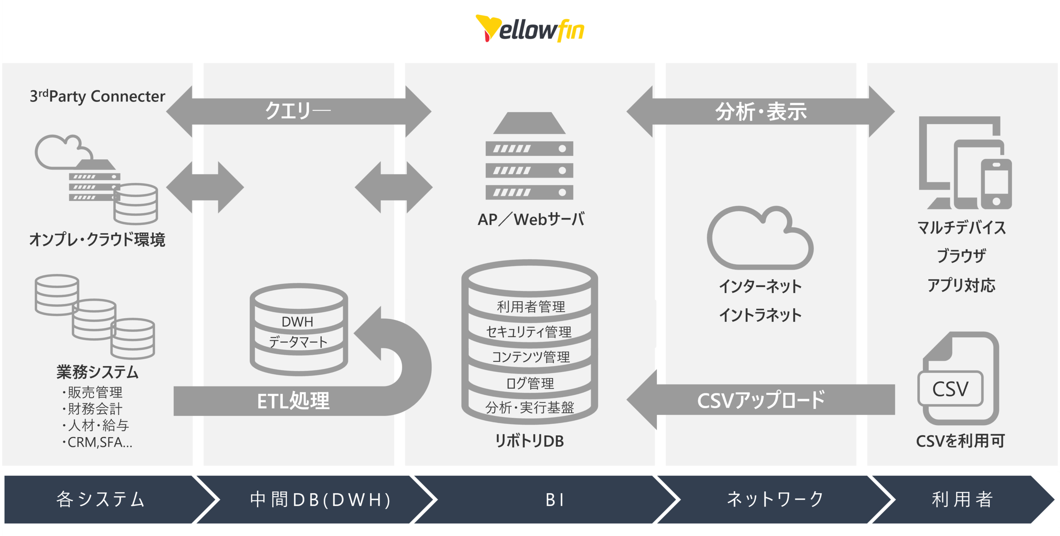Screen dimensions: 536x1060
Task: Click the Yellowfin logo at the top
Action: (x=530, y=29)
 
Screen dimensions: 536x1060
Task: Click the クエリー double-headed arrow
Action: (x=298, y=111)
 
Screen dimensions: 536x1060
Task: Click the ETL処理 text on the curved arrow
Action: (x=293, y=401)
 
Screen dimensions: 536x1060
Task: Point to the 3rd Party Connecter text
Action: (x=97, y=96)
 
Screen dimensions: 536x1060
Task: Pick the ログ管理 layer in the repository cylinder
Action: (x=530, y=383)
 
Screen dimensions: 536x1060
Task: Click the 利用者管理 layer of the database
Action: (x=530, y=307)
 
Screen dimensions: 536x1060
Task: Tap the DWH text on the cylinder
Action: (x=297, y=322)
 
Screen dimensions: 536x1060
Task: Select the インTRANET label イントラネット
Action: (x=760, y=315)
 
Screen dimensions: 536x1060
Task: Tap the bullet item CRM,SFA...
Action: (x=99, y=442)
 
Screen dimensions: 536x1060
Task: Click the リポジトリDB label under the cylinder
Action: (x=529, y=441)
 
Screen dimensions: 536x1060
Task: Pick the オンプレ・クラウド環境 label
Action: (x=97, y=239)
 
